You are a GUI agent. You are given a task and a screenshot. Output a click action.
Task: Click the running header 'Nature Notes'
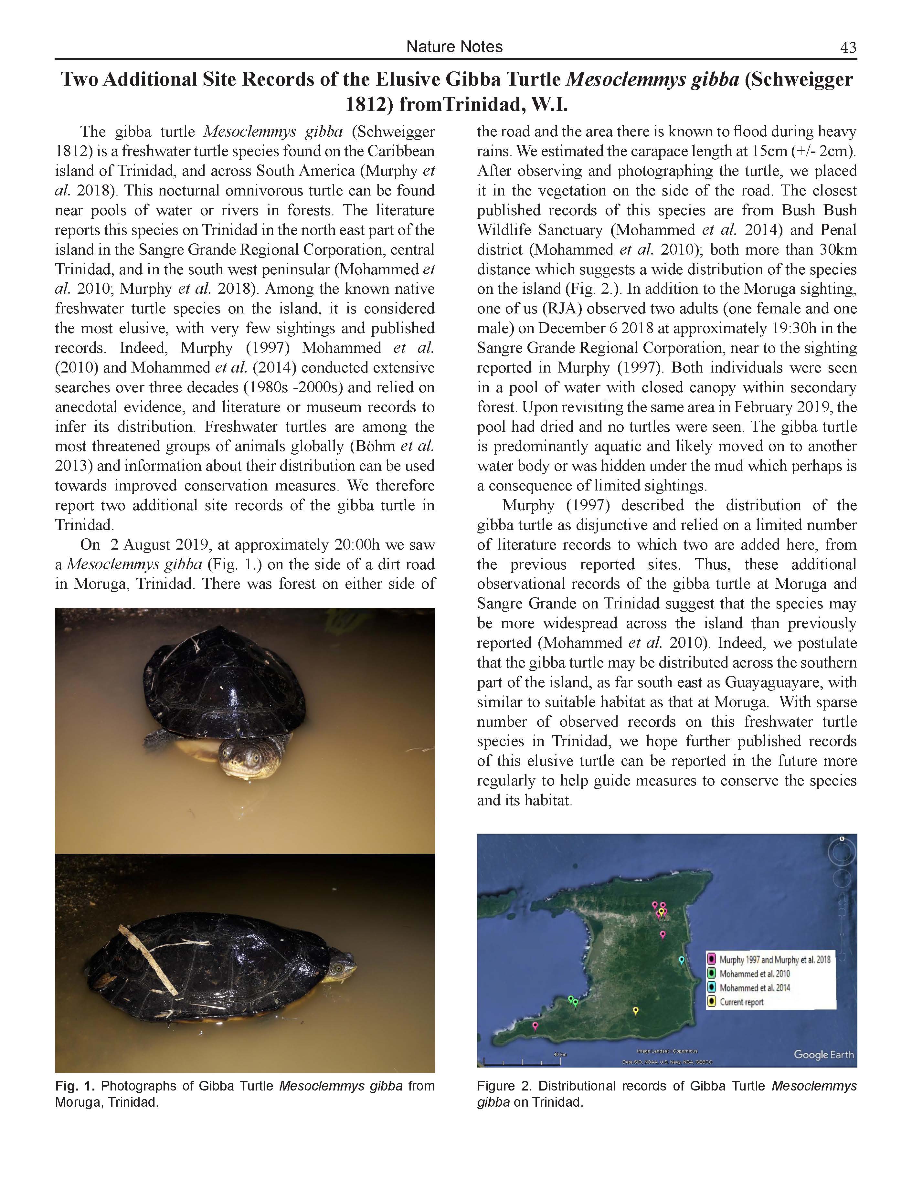(x=454, y=47)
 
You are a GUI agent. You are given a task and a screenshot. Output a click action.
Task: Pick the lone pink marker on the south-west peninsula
(x=535, y=1025)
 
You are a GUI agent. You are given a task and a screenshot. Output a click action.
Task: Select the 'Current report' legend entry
(x=741, y=1002)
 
